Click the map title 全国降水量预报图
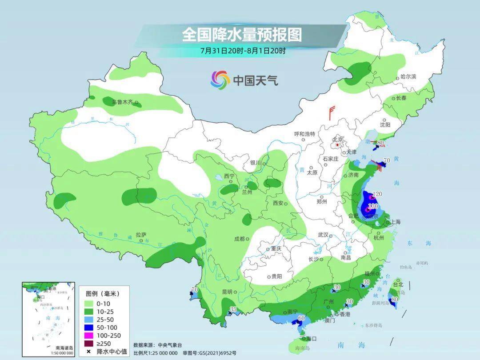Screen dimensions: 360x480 (241, 35)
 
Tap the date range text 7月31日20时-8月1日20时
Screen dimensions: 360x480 (243, 51)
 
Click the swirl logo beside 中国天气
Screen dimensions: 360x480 (220, 80)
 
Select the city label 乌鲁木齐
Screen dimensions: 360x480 (122, 102)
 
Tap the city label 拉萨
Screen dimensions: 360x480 (141, 235)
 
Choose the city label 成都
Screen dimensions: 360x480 (240, 239)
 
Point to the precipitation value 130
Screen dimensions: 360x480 (373, 206)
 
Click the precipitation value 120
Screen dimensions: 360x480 (377, 194)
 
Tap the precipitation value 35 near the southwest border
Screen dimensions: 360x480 (233, 309)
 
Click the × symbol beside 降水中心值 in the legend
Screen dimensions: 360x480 (89, 352)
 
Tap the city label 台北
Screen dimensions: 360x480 (398, 284)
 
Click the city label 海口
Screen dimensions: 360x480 (312, 339)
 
